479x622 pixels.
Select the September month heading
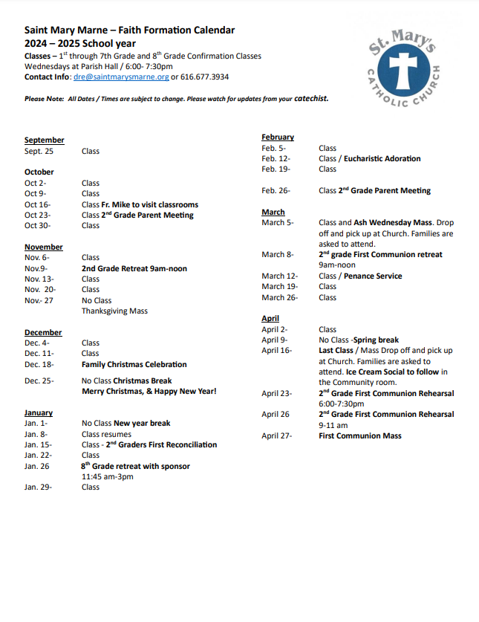pyautogui.click(x=44, y=140)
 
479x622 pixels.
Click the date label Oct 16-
pyautogui.click(x=37, y=204)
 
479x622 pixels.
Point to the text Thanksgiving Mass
pyautogui.click(x=114, y=311)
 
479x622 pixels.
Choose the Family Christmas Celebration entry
pyautogui.click(x=134, y=364)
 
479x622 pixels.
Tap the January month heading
pyautogui.click(x=39, y=412)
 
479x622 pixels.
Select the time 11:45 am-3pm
pyautogui.click(x=107, y=476)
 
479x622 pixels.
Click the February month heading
pyautogui.click(x=278, y=137)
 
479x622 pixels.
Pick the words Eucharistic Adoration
pyautogui.click(x=381, y=158)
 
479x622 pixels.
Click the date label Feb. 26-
pyautogui.click(x=276, y=190)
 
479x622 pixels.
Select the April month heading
pyautogui.click(x=270, y=318)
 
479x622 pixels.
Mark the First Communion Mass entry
pyautogui.click(x=360, y=435)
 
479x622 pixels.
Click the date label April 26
pyautogui.click(x=275, y=414)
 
